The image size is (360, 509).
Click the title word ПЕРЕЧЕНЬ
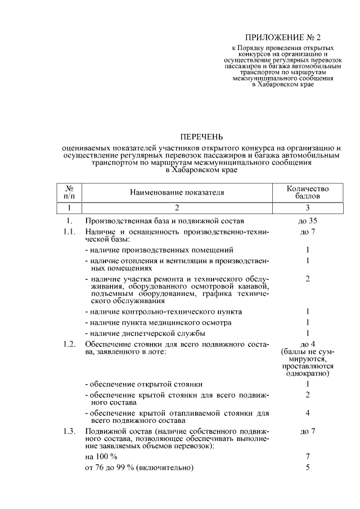[201, 137]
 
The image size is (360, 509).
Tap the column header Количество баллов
[308, 193]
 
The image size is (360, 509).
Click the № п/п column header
[69, 193]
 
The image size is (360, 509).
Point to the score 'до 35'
[308, 221]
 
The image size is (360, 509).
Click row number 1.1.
[69, 232]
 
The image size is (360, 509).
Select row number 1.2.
[69, 344]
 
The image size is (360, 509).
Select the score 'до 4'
[308, 344]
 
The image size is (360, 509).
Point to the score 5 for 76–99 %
[308, 467]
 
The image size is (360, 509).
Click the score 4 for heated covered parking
[308, 413]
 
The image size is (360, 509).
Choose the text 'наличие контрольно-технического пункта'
[164, 311]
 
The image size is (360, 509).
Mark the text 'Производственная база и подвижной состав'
[164, 221]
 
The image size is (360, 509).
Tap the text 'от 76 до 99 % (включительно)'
[139, 467]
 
